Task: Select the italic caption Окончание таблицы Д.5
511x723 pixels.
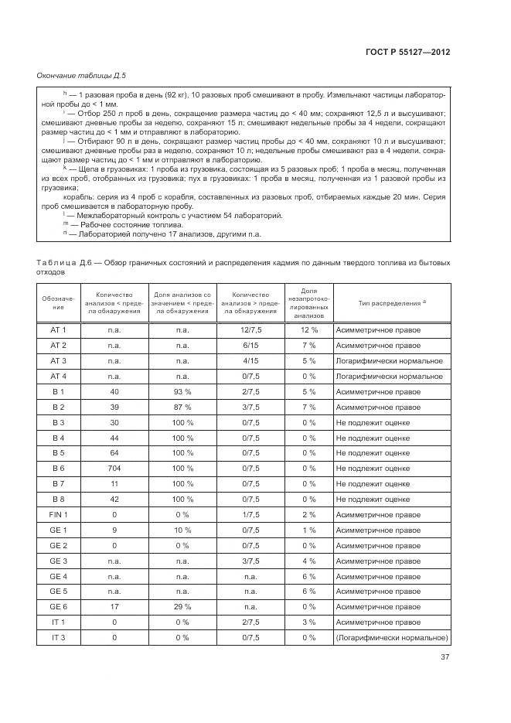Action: click(x=81, y=75)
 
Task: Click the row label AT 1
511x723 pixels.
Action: click(x=58, y=330)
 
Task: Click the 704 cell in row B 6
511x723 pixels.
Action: click(x=114, y=469)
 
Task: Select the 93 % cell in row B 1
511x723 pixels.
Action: click(x=182, y=392)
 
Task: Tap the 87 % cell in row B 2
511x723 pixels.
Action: click(x=182, y=408)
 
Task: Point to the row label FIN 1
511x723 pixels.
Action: click(x=58, y=514)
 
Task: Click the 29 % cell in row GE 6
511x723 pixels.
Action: click(x=182, y=607)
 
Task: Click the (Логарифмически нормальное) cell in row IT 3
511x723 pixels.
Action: click(x=392, y=637)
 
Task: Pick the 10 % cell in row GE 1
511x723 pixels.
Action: click(x=182, y=530)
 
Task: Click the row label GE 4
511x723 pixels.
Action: click(x=58, y=576)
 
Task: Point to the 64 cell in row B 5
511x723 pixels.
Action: click(x=114, y=453)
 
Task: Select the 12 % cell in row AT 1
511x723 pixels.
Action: click(x=308, y=330)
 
